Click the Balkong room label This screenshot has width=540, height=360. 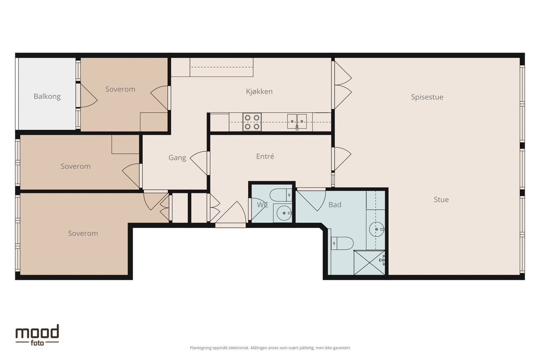[x=47, y=96]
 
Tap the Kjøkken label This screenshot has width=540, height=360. [x=259, y=91]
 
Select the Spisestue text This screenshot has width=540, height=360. [x=427, y=97]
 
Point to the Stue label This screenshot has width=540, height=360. [x=441, y=199]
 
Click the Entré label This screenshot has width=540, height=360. [x=265, y=157]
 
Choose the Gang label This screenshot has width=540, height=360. [x=177, y=158]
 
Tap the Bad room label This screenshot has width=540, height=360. [x=335, y=204]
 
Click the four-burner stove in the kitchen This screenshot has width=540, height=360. [x=252, y=122]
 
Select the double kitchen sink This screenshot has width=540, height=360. [x=297, y=121]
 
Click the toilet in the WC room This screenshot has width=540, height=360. [x=281, y=195]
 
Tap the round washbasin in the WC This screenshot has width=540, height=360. [x=284, y=213]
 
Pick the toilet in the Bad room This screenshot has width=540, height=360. [x=342, y=243]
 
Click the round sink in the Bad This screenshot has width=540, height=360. [x=377, y=229]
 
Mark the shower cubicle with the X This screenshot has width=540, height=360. [x=369, y=262]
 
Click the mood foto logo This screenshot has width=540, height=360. [x=37, y=335]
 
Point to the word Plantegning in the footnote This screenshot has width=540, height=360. [x=200, y=348]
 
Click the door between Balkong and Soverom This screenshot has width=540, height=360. [x=87, y=95]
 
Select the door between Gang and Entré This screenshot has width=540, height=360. [x=200, y=163]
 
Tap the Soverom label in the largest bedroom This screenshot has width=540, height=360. [x=83, y=233]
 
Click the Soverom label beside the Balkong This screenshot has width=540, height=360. [x=120, y=89]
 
